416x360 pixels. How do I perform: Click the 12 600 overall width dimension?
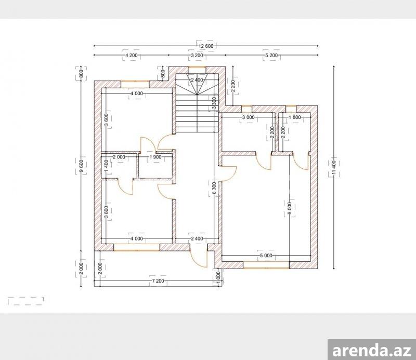click(x=206, y=46)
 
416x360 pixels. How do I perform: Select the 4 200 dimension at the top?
click(x=132, y=56)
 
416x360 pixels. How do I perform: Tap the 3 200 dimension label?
click(x=197, y=56)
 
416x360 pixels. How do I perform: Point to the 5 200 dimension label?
click(x=271, y=56)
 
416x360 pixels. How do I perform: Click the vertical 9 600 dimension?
click(x=81, y=167)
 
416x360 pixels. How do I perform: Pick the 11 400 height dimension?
click(x=334, y=168)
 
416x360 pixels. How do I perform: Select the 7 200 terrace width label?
click(x=158, y=281)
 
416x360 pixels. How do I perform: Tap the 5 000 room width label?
click(x=266, y=256)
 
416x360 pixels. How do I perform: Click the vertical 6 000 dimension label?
click(x=290, y=209)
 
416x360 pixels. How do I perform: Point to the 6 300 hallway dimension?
click(x=215, y=188)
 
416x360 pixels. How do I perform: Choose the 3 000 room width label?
click(x=249, y=117)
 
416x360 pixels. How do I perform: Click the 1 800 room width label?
click(x=295, y=117)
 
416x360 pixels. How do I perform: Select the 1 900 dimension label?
click(x=155, y=157)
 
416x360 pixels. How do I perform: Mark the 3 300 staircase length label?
click(x=214, y=103)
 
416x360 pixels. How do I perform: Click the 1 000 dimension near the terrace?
click(x=218, y=278)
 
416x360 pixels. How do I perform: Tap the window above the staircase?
click(x=197, y=67)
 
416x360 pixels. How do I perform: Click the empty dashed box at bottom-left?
click(x=25, y=301)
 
